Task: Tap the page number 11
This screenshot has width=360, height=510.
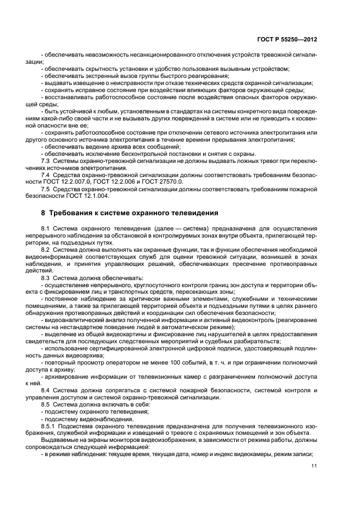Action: (x=314, y=466)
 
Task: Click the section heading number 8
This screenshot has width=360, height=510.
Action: (x=44, y=212)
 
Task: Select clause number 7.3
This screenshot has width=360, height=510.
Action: (x=46, y=161)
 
